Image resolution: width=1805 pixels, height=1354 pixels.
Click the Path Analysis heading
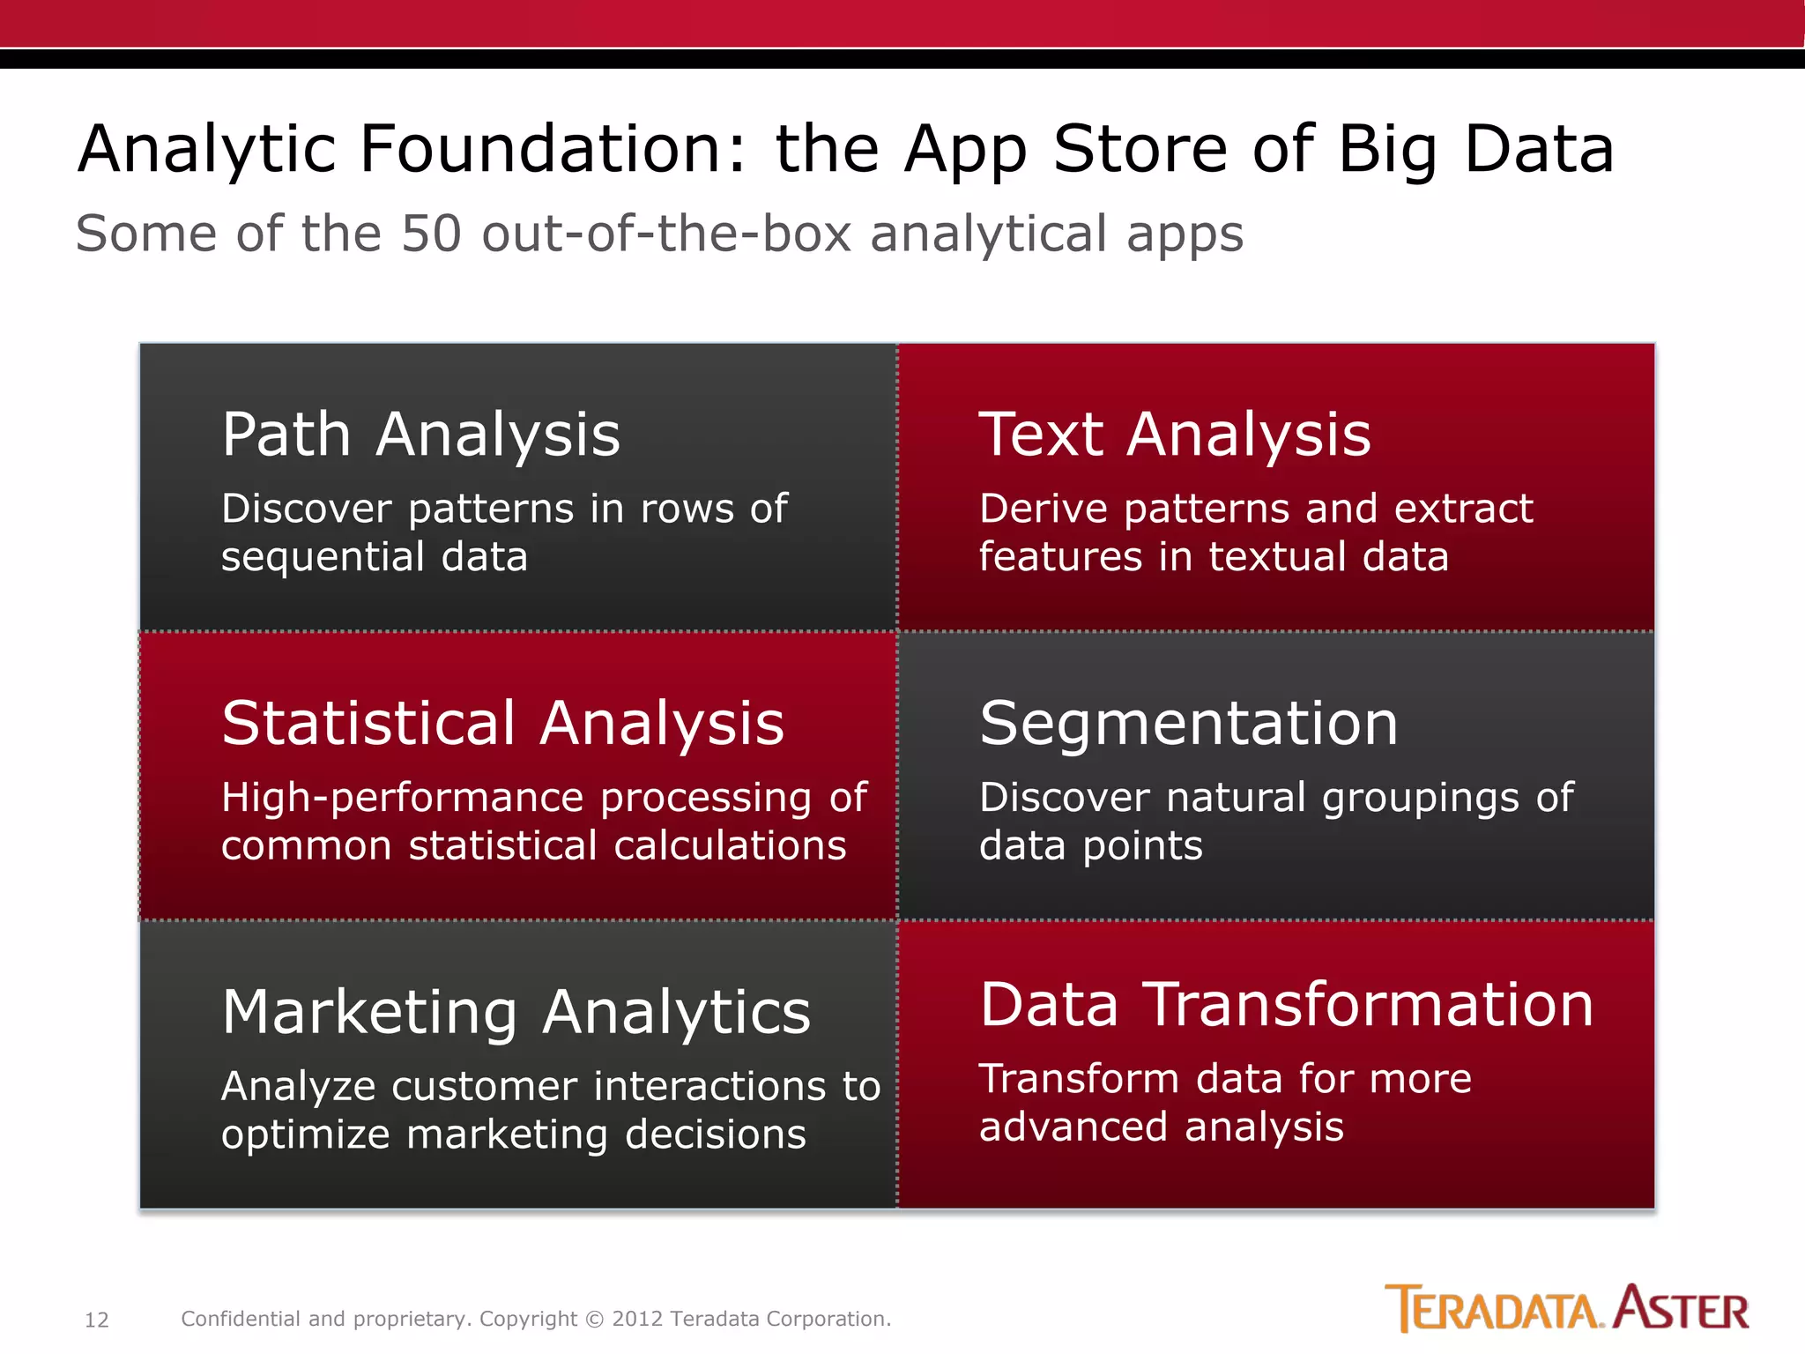(420, 435)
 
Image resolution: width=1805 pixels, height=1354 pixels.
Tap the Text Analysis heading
(1175, 435)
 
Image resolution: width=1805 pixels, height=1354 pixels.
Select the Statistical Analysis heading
(502, 723)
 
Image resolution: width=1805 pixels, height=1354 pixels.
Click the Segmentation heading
(1188, 723)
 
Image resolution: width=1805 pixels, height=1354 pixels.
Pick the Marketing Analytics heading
(516, 1012)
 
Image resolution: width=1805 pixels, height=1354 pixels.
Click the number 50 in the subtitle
(431, 234)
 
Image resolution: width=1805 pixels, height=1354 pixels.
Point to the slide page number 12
(96, 1320)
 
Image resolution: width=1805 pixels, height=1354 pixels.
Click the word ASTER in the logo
(1681, 1309)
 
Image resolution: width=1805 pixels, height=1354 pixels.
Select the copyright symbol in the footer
(595, 1320)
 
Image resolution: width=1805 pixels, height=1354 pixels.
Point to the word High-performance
(402, 798)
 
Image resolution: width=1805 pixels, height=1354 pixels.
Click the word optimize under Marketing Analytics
(305, 1135)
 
